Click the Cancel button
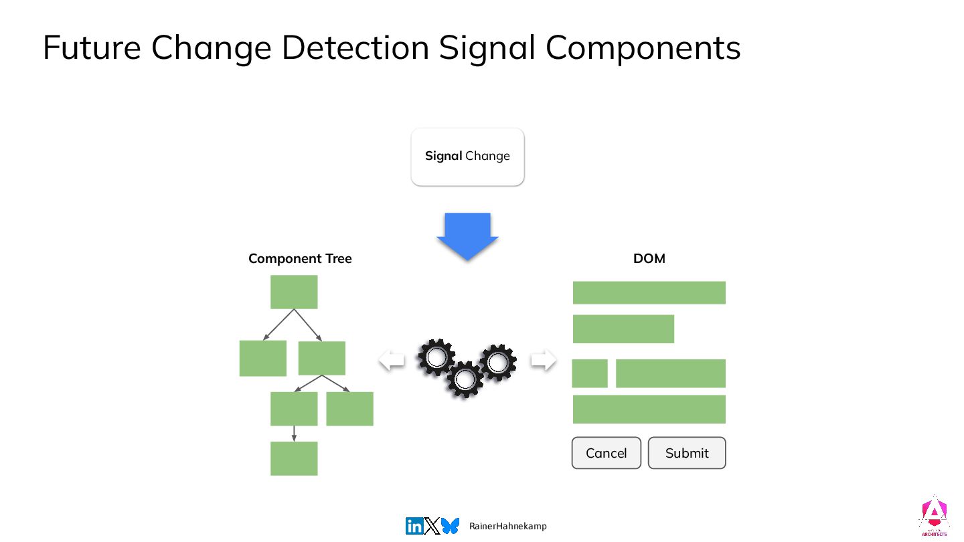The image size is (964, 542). click(606, 453)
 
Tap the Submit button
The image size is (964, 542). click(686, 453)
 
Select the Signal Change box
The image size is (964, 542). click(467, 157)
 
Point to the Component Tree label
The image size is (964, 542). click(300, 258)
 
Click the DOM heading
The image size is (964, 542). click(649, 258)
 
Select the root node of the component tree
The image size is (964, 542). click(294, 292)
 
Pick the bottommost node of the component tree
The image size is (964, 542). click(294, 458)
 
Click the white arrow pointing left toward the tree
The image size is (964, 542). click(392, 361)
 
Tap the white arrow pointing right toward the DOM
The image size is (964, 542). click(543, 361)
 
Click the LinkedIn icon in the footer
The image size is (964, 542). click(414, 527)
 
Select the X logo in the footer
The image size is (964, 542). click(432, 527)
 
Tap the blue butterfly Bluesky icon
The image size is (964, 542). click(450, 526)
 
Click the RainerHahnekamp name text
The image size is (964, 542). click(508, 527)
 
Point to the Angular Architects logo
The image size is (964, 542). click(933, 516)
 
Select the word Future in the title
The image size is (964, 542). click(92, 48)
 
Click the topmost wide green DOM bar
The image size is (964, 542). click(649, 292)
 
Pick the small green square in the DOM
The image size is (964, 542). click(589, 373)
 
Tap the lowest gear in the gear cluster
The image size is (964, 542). click(465, 379)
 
